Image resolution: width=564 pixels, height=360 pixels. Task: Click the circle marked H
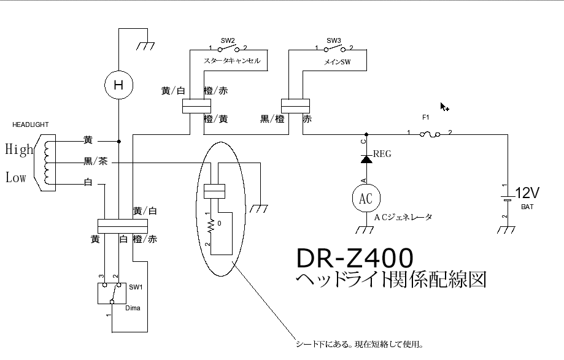(119, 86)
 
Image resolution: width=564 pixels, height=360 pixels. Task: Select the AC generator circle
(366, 197)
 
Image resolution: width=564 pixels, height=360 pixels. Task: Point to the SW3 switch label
(334, 40)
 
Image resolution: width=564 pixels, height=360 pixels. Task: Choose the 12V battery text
(526, 193)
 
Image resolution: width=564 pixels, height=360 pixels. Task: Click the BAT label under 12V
(527, 207)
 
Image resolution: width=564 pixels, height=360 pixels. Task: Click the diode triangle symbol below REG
(366, 159)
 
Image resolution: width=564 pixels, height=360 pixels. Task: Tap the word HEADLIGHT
(30, 124)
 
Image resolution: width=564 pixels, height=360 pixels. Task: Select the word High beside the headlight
(19, 149)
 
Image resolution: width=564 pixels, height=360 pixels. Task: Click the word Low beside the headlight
(16, 178)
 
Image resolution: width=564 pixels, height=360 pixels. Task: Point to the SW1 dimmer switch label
(135, 287)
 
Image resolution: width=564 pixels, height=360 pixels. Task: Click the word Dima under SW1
(133, 308)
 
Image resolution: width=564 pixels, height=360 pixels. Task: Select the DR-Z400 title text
(355, 258)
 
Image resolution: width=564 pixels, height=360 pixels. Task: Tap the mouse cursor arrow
(444, 107)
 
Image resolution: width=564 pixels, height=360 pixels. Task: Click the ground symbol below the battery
(507, 230)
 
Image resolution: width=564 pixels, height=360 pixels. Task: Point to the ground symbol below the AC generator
(366, 230)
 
